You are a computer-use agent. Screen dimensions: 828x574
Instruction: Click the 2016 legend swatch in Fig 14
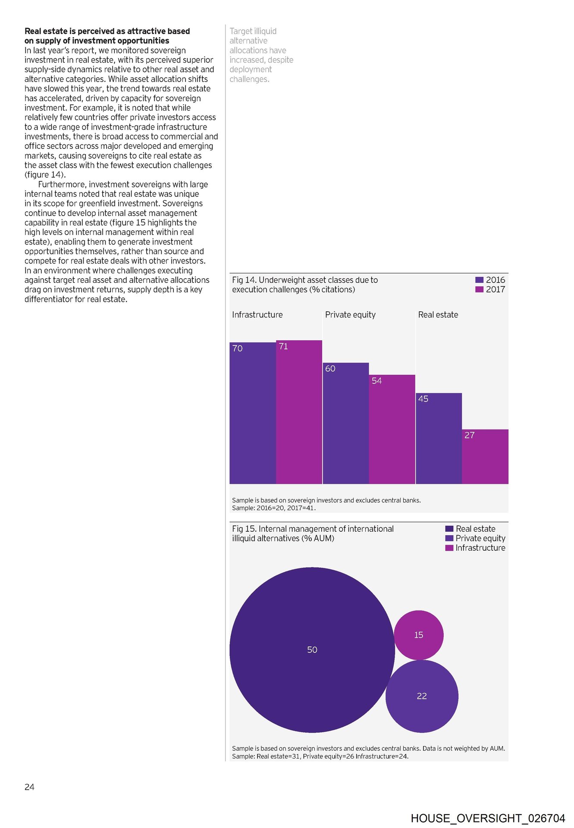[x=479, y=280]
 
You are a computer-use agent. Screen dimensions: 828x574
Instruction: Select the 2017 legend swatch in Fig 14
[x=479, y=289]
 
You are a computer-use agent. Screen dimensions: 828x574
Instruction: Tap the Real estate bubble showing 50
[x=312, y=649]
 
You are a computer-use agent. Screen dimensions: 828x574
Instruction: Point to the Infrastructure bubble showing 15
[x=418, y=635]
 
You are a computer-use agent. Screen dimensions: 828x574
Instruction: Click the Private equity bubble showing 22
[x=422, y=696]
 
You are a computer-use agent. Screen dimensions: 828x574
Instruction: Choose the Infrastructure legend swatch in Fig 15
[x=449, y=548]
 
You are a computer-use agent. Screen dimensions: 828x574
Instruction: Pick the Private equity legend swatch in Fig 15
[x=449, y=538]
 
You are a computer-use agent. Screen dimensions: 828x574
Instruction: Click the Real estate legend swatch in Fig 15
[x=449, y=529]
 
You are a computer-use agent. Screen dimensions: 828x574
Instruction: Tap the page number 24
[x=29, y=787]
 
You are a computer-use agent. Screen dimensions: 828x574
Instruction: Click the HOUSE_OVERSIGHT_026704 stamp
[x=488, y=818]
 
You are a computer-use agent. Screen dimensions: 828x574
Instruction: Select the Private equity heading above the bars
[x=350, y=315]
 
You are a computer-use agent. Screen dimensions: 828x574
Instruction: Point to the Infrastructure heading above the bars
[x=257, y=315]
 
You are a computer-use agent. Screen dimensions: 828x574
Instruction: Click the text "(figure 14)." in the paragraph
[x=45, y=175]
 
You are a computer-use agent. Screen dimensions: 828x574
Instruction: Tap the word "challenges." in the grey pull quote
[x=249, y=79]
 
